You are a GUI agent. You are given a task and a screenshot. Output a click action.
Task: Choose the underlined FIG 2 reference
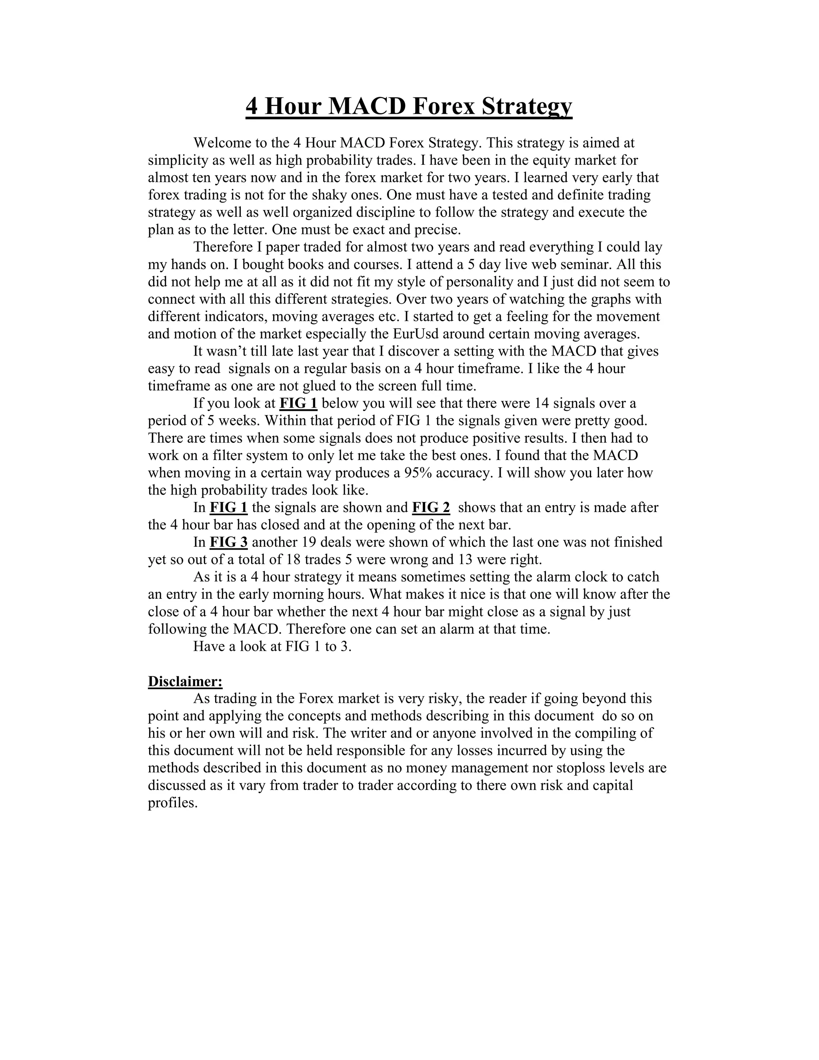(x=431, y=508)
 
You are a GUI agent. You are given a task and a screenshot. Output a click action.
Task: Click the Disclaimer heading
(x=185, y=682)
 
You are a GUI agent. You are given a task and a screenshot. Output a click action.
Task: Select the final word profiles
(x=173, y=803)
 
